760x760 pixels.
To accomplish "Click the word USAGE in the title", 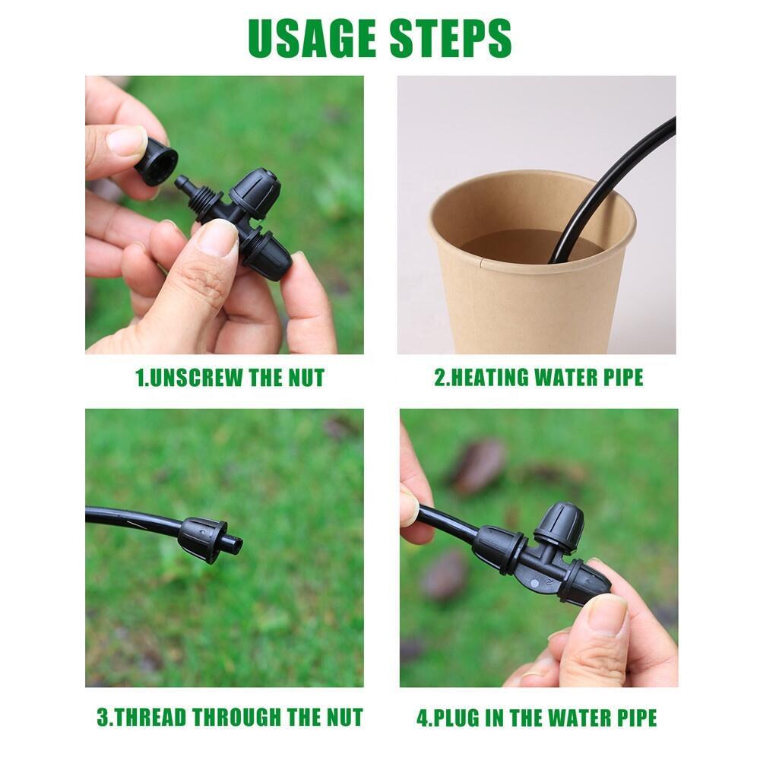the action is [311, 38].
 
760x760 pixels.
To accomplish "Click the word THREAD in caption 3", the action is [151, 718].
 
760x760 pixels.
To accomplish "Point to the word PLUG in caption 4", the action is [457, 718].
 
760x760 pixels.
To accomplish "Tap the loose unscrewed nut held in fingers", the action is [156, 162].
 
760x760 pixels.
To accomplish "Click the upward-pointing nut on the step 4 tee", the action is [559, 523].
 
